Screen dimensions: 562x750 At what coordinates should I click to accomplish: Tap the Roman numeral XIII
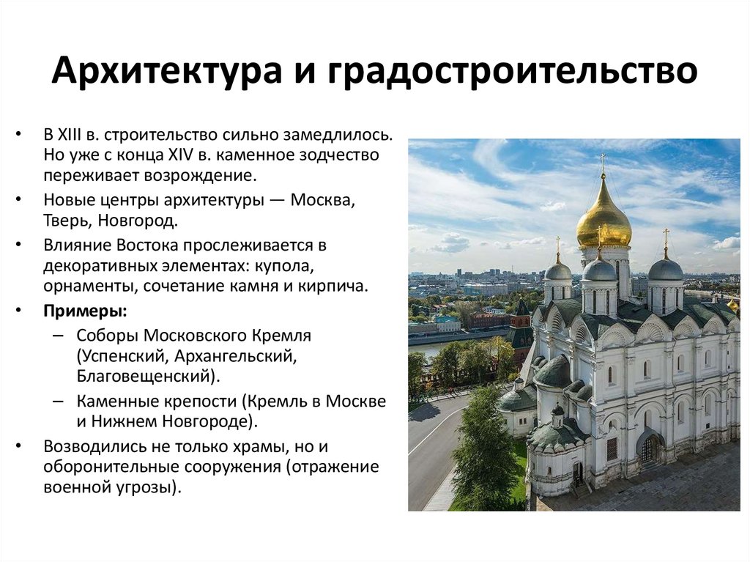(81, 136)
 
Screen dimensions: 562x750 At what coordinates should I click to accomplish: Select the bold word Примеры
(84, 311)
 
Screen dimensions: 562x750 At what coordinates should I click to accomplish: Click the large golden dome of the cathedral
(604, 216)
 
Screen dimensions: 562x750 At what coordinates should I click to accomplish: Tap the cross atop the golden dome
(604, 161)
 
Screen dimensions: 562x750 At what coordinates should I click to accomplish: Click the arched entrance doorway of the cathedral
(647, 447)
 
